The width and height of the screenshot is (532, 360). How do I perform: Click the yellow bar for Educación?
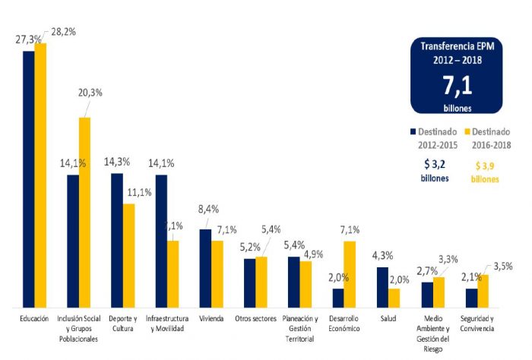click(x=40, y=175)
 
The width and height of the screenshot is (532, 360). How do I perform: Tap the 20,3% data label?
click(x=90, y=93)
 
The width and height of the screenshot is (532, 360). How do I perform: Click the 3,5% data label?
click(x=504, y=267)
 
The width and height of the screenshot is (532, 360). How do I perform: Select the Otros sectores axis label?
click(x=255, y=319)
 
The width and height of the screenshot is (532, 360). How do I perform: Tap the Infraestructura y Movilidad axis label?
click(x=167, y=324)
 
